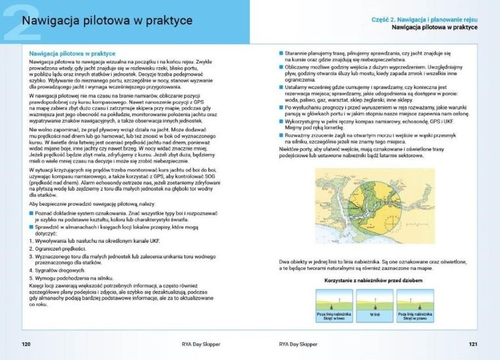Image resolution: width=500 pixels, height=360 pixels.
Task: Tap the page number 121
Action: click(x=473, y=343)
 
